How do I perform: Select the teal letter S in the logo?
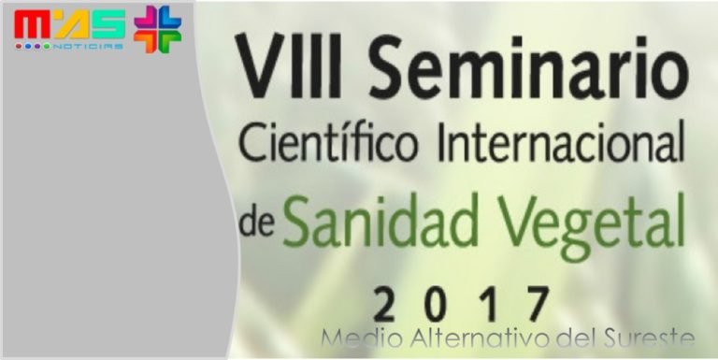[108, 27]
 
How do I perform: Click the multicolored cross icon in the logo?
[157, 28]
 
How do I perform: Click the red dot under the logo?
[21, 46]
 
